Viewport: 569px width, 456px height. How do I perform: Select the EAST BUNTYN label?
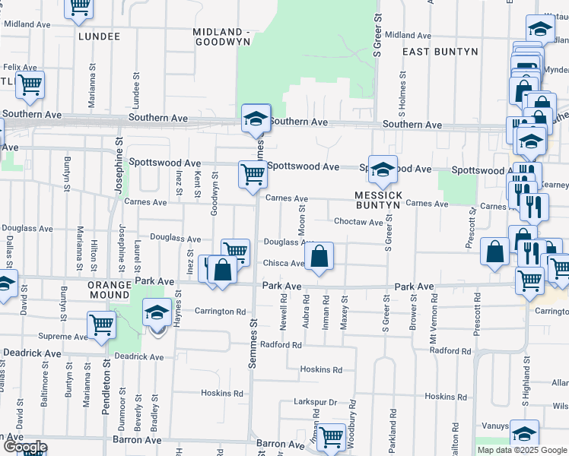pos(440,51)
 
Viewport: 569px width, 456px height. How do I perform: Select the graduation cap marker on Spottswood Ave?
pos(383,169)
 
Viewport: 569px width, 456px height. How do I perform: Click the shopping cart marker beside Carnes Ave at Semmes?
pos(253,174)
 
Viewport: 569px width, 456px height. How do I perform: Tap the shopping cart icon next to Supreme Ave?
pos(101,325)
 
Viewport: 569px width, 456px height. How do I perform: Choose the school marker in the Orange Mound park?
pos(157,313)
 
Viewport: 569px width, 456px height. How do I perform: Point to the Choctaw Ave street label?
pos(359,222)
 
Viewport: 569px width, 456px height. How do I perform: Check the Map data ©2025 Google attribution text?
pos(522,450)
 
